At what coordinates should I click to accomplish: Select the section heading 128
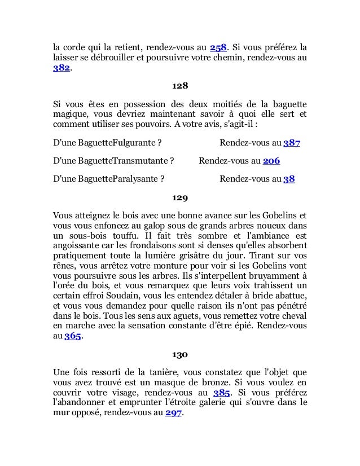tap(179, 86)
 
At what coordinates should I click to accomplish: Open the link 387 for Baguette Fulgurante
tap(291, 143)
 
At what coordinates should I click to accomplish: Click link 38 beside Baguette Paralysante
tap(289, 179)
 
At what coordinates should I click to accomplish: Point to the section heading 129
tap(179, 198)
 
